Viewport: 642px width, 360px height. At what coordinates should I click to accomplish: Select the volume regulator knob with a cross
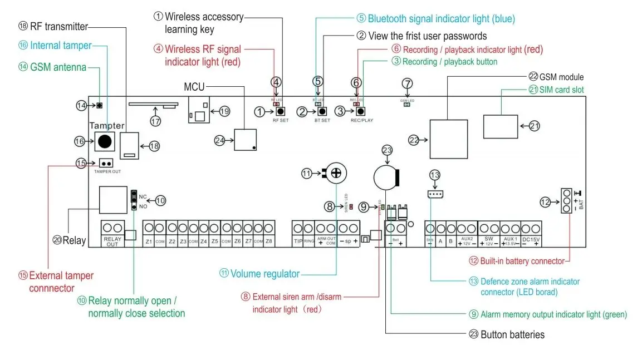point(335,174)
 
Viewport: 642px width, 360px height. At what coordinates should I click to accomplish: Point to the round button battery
point(385,177)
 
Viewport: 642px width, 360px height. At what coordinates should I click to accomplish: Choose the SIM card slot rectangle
point(502,126)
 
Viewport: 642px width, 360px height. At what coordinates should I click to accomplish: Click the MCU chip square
point(246,139)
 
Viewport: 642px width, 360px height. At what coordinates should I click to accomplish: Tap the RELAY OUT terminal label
point(112,241)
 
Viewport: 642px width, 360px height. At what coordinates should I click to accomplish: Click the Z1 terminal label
point(149,241)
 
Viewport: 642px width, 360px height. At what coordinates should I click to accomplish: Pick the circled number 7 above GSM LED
point(407,83)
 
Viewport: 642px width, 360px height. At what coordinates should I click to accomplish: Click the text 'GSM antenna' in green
point(58,67)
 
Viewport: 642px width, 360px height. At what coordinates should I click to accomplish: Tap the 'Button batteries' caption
point(512,334)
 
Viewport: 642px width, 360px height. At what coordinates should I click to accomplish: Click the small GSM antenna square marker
point(99,105)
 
